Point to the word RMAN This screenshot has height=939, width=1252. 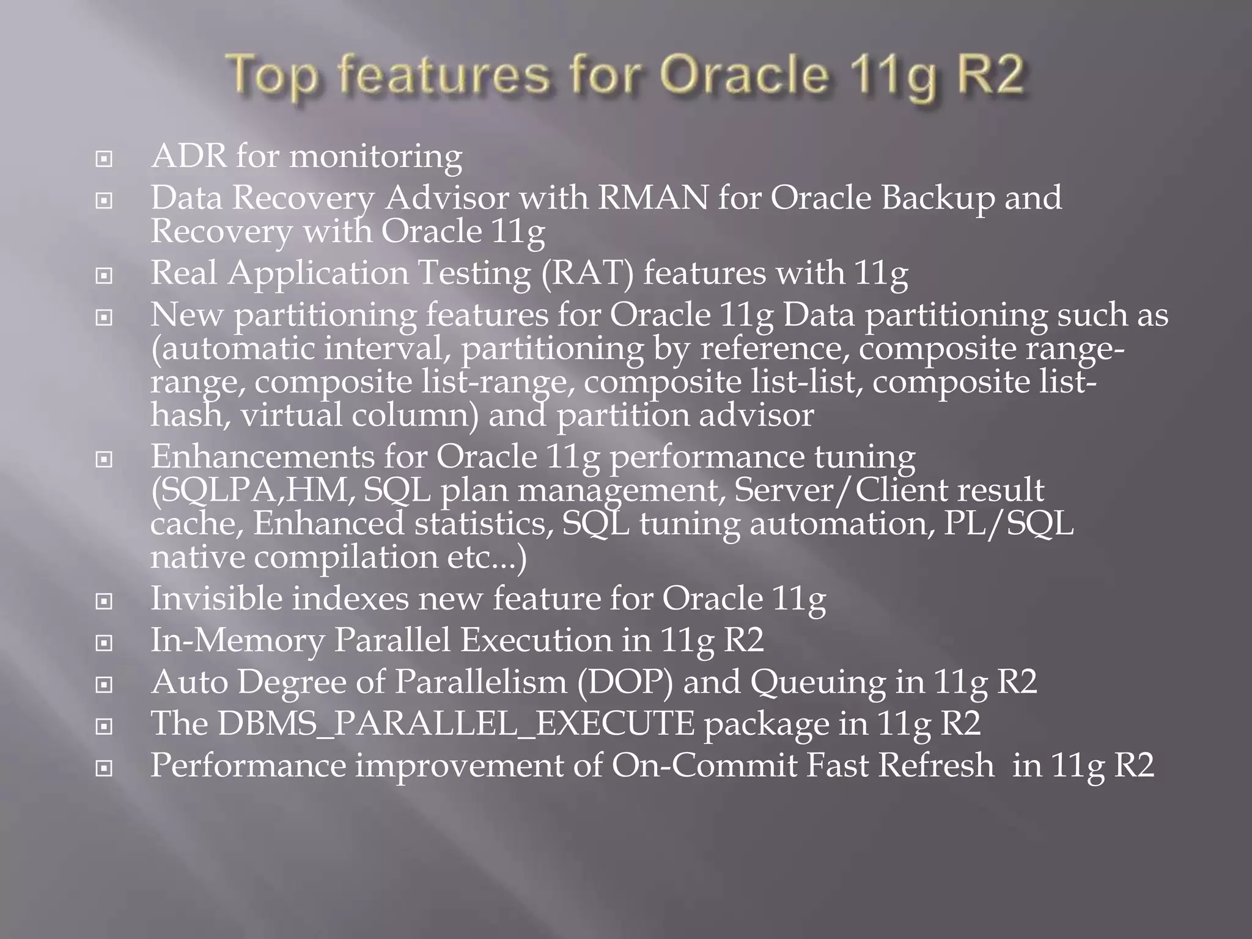652,198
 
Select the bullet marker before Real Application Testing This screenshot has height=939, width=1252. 104,276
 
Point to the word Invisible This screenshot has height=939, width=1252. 216,598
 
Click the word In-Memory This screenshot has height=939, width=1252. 237,640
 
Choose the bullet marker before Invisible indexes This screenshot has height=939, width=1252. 104,602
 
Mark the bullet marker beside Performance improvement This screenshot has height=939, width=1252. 104,768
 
